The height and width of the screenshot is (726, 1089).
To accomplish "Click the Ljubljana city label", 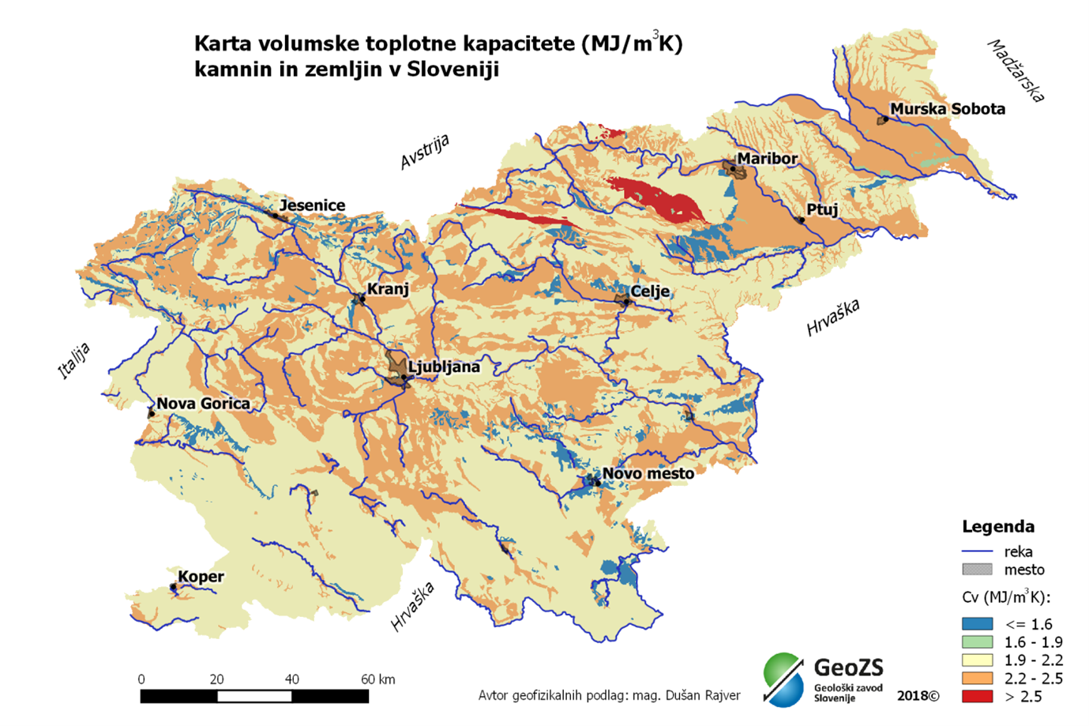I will (x=444, y=367).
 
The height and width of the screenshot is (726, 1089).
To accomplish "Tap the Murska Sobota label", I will (x=947, y=109).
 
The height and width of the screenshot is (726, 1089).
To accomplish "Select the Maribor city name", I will (x=767, y=159).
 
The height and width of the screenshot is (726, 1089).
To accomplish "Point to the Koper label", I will (x=201, y=577).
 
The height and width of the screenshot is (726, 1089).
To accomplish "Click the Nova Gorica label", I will (x=203, y=404).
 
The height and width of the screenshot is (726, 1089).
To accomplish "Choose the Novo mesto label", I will (x=648, y=474).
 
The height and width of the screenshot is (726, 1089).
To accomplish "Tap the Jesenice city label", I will (x=312, y=205).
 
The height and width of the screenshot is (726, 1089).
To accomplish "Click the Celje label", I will (x=649, y=292).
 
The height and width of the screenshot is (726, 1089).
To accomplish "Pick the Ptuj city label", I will (x=822, y=210).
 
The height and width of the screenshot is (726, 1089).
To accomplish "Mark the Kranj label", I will (x=388, y=289).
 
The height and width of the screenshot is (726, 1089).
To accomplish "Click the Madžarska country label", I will (x=1016, y=71).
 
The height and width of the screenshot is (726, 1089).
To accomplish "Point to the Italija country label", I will (x=74, y=361).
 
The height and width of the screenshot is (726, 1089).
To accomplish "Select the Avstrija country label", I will (x=424, y=152).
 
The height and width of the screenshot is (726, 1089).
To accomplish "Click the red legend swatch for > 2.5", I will (x=977, y=697).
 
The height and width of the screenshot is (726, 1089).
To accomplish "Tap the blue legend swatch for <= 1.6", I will (x=977, y=624).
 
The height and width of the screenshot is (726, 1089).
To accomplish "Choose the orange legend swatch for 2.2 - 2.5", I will (x=977, y=679).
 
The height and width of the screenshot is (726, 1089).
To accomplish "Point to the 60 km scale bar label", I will (x=377, y=679).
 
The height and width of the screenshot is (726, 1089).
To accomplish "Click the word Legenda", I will (x=997, y=527).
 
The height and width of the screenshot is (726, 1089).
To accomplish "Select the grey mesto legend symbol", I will (x=977, y=570).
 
